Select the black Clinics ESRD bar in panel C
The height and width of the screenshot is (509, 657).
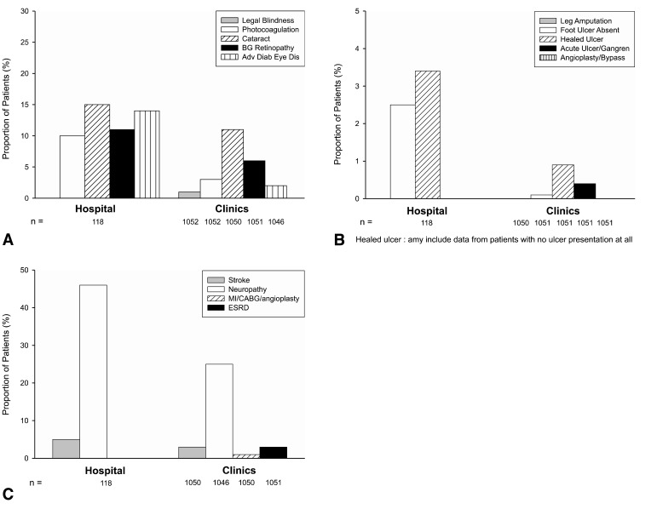click(x=274, y=452)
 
